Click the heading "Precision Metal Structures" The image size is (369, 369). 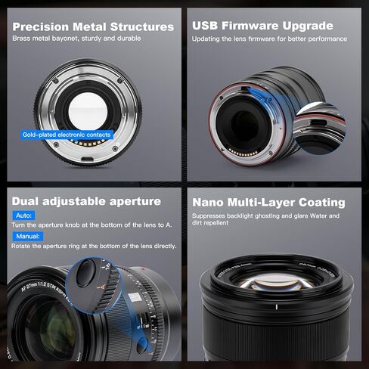pos(92,26)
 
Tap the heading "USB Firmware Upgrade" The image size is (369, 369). pos(262,26)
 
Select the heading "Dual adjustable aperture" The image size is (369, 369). pos(86,202)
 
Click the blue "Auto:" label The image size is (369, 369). pos(23,216)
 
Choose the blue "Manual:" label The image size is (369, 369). pos(26,236)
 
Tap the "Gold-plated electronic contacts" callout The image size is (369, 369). pos(66,135)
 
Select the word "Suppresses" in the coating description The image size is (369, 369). pos(210,216)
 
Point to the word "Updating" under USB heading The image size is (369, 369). pos(207,39)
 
